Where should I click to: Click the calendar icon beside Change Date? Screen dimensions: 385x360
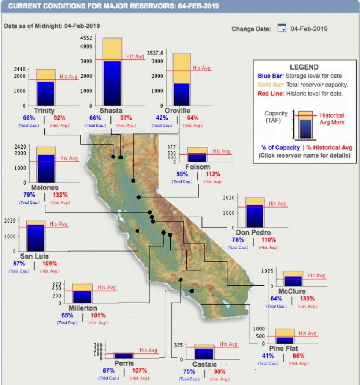click(281, 29)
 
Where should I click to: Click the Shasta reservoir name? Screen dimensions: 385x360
click(110, 111)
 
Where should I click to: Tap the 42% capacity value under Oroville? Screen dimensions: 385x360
click(162, 118)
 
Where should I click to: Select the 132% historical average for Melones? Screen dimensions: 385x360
click(60, 195)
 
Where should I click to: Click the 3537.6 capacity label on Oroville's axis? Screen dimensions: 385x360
click(155, 53)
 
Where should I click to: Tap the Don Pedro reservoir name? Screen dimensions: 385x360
click(253, 232)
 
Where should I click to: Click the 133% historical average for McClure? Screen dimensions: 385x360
click(307, 299)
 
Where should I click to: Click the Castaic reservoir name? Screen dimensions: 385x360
click(204, 364)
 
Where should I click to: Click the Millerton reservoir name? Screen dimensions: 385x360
click(83, 308)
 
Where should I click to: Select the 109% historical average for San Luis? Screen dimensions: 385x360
click(50, 263)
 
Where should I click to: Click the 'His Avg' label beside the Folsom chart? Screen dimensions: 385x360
click(222, 151)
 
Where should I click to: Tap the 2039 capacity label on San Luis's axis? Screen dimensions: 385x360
click(9, 221)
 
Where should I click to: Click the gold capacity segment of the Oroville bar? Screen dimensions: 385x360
click(181, 68)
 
